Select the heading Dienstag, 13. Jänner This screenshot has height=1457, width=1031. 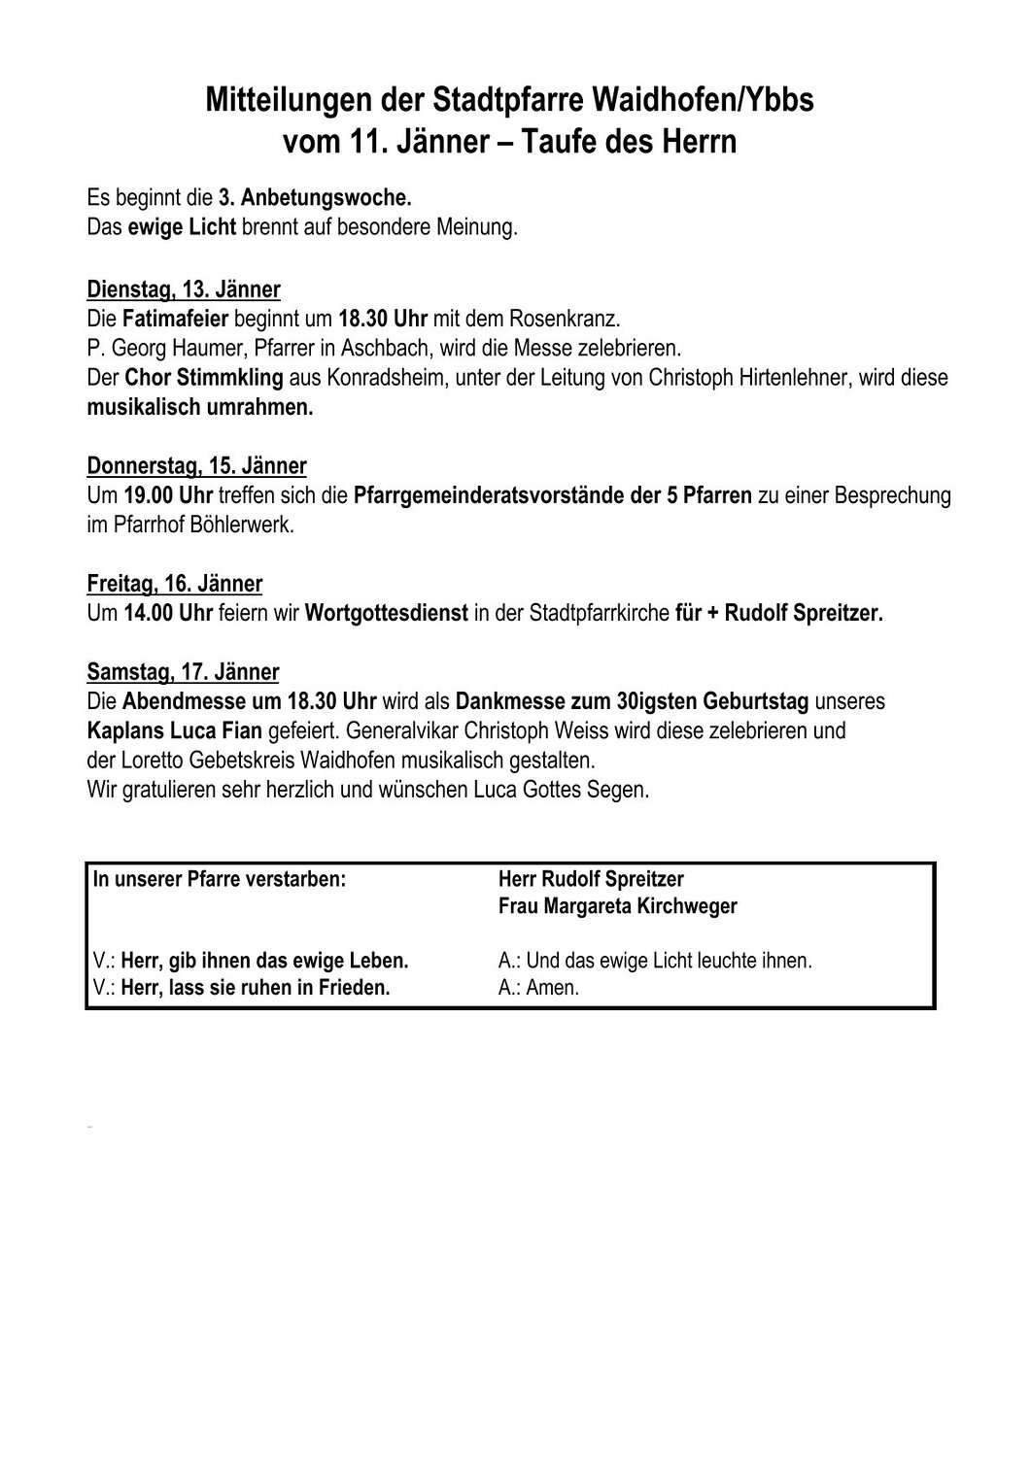pos(184,289)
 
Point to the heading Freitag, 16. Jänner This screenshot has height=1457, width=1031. pos(175,584)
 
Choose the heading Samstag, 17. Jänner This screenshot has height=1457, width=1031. pos(183,671)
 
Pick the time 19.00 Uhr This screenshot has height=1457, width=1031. pos(163,495)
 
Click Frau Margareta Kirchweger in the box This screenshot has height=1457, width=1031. pos(617,906)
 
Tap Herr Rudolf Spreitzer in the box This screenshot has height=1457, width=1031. pos(590,878)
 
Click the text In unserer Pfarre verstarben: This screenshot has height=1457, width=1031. pos(220,878)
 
